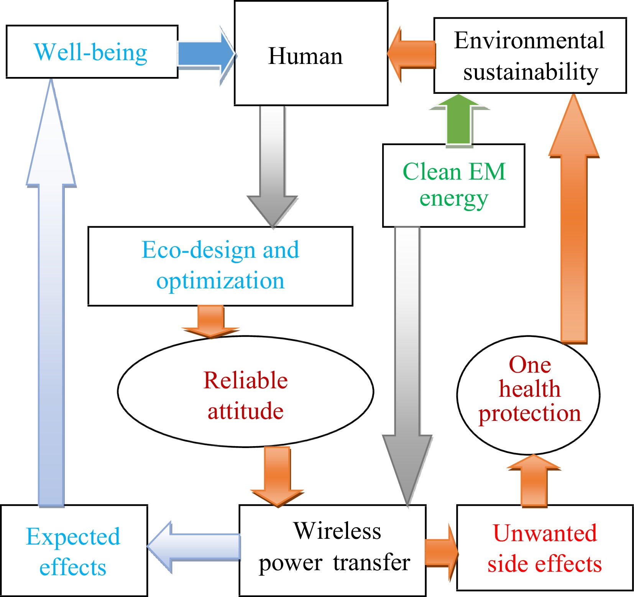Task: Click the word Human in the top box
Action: click(305, 56)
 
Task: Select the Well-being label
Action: click(91, 52)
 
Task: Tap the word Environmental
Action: click(529, 40)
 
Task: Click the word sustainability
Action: click(531, 72)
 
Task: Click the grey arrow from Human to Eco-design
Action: click(272, 165)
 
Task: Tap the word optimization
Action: click(220, 281)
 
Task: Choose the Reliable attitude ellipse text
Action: click(245, 395)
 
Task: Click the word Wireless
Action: click(337, 531)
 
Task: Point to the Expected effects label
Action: click(73, 551)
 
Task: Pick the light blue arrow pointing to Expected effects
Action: click(194, 547)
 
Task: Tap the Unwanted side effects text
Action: click(544, 548)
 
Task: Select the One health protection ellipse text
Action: click(529, 389)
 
